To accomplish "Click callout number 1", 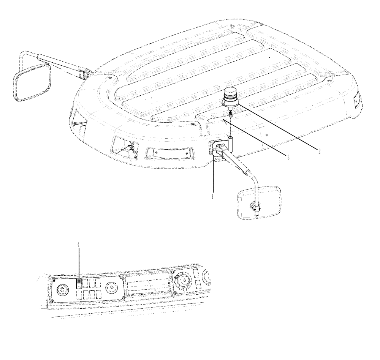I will pos(213,197).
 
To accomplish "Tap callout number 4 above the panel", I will pos(79,245).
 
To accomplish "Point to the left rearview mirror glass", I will pos(32,82).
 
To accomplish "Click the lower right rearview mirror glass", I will pos(259,203).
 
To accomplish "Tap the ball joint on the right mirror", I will pos(256,207).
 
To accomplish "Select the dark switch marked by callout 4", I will pos(79,283).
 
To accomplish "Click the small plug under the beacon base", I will pos(231,114).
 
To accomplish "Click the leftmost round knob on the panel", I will pos(62,290).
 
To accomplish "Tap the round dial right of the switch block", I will pos(112,287).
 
